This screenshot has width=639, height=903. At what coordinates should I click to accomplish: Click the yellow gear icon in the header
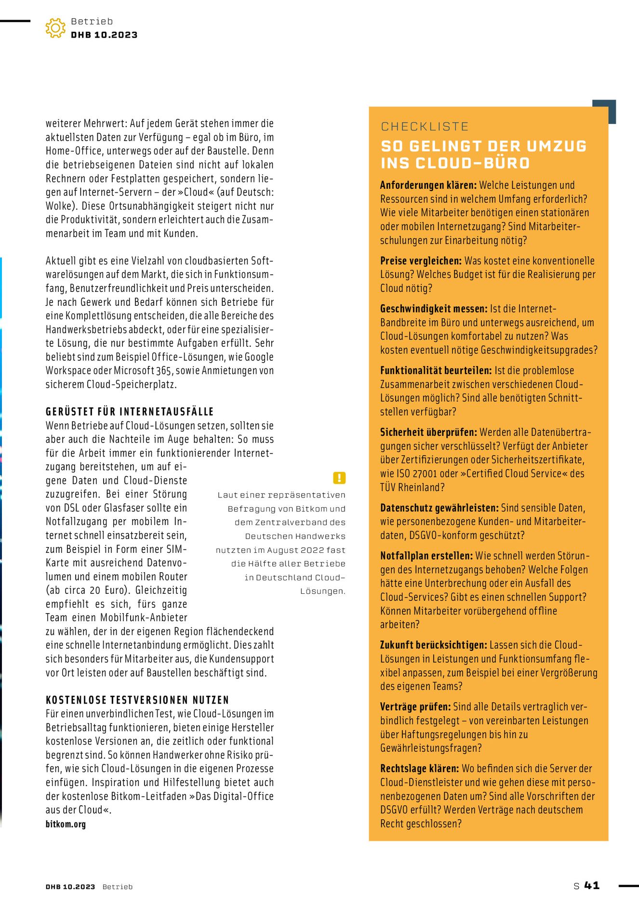pyautogui.click(x=55, y=28)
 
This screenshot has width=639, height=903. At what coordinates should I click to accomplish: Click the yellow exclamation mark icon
pyautogui.click(x=339, y=478)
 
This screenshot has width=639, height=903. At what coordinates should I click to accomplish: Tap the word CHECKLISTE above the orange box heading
pyautogui.click(x=425, y=127)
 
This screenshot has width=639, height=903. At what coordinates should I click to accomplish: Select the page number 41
pyautogui.click(x=592, y=885)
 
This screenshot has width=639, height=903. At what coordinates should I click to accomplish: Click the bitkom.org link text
pyautogui.click(x=66, y=824)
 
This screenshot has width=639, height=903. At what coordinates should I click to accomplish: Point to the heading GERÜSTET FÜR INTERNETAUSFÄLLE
pyautogui.click(x=130, y=412)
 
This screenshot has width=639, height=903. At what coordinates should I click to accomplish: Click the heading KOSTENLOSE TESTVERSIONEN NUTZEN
pyautogui.click(x=137, y=700)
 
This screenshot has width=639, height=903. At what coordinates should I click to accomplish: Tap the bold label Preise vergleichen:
pyautogui.click(x=421, y=261)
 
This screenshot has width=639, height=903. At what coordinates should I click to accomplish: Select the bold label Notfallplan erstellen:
pyautogui.click(x=426, y=556)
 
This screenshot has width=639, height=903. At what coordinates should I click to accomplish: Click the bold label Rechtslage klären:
pyautogui.click(x=419, y=769)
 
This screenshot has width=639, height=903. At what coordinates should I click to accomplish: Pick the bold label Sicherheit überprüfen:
pyautogui.click(x=428, y=432)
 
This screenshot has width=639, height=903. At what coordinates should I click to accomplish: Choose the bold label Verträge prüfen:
pyautogui.click(x=415, y=707)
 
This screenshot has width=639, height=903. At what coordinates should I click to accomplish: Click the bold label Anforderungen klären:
pyautogui.click(x=428, y=185)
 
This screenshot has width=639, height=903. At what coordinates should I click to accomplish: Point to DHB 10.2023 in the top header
pyautogui.click(x=104, y=35)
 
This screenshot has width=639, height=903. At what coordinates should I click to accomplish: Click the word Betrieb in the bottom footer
pyautogui.click(x=117, y=887)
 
